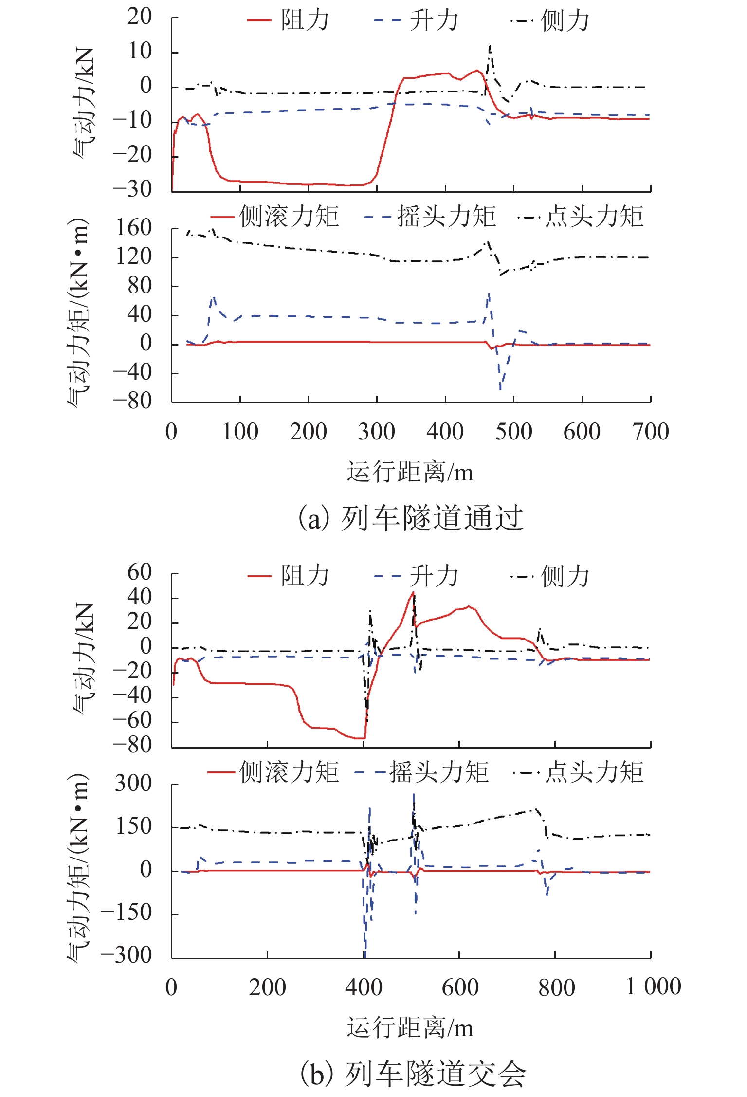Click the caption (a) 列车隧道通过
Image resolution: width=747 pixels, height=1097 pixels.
[410, 518]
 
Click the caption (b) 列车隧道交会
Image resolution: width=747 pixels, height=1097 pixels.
[413, 1074]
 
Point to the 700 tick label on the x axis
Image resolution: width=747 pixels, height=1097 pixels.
[651, 432]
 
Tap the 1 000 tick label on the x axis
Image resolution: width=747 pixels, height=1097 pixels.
[653, 987]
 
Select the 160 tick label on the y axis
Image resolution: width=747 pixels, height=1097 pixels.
[133, 228]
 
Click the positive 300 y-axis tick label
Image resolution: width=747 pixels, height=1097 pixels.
[133, 783]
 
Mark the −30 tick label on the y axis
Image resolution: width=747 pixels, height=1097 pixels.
[132, 189]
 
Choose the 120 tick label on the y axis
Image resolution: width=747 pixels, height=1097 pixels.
[133, 256]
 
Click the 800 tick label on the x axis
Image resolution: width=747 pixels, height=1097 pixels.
[556, 987]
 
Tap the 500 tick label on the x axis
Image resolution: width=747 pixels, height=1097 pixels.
[513, 432]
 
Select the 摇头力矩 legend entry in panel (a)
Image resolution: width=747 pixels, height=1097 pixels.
[430, 217]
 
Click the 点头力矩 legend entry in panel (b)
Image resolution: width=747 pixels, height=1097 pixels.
[579, 772]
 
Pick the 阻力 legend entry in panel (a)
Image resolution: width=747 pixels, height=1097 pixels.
[288, 20]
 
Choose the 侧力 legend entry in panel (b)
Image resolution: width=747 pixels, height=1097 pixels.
[550, 576]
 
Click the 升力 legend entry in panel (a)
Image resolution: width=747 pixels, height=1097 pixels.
[417, 20]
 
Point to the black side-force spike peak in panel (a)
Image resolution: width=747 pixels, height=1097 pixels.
[490, 47]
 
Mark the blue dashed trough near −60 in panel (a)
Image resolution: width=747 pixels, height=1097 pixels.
[500, 389]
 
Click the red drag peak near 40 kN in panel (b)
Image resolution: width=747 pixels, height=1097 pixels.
[413, 593]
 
